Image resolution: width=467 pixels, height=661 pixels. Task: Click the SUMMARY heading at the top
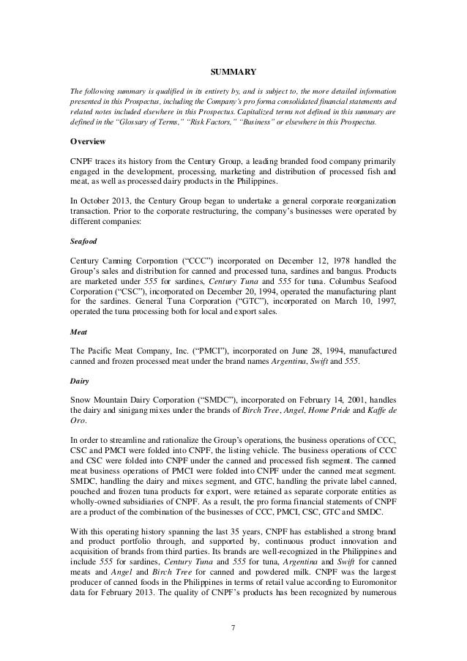click(x=233, y=72)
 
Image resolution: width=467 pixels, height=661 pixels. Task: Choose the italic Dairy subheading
click(x=78, y=381)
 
